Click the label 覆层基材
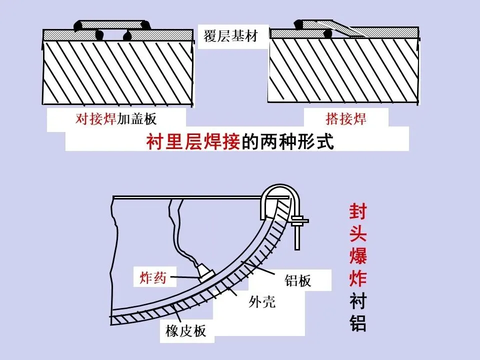coord(230,36)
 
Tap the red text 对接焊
coord(96,119)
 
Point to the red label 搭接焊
coord(346,119)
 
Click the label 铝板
coord(298,280)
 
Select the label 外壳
coord(262,302)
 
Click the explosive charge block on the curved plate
coord(205,273)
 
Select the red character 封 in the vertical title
coord(357,211)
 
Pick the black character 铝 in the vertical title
coord(357,323)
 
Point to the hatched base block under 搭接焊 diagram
coord(343,70)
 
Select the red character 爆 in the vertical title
coord(357,256)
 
